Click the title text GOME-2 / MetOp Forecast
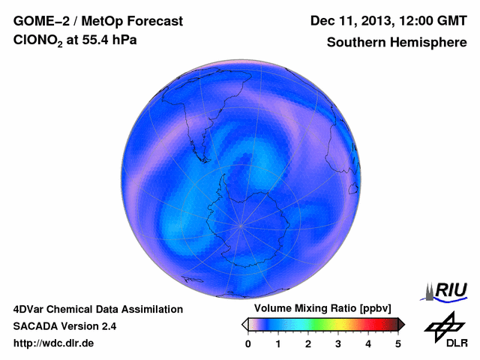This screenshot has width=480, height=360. pyautogui.click(x=97, y=21)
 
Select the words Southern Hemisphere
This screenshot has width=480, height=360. pyautogui.click(x=397, y=43)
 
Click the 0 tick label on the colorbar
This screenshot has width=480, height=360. pyautogui.click(x=248, y=343)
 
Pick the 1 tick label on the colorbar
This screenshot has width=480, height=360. pyautogui.click(x=278, y=343)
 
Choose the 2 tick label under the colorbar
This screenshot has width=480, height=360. pyautogui.click(x=308, y=343)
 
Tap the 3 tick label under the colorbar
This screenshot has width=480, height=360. pyautogui.click(x=338, y=343)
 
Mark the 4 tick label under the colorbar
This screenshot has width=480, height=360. pyautogui.click(x=368, y=343)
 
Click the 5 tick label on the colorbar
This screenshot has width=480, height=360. pyautogui.click(x=398, y=343)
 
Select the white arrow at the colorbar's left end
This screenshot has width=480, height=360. pyautogui.click(x=244, y=324)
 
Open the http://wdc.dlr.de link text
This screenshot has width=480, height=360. pyautogui.click(x=54, y=343)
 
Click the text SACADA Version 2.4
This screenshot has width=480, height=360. pyautogui.click(x=64, y=326)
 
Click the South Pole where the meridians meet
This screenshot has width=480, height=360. pyautogui.click(x=241, y=224)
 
